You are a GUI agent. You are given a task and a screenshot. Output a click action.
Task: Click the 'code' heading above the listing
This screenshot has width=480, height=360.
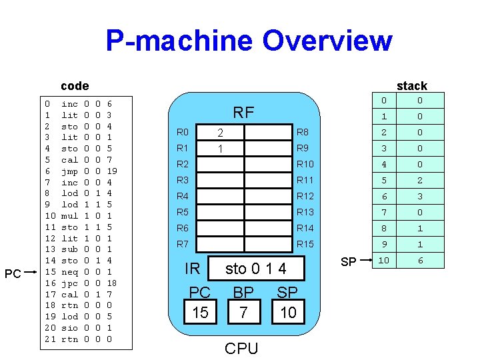(74, 85)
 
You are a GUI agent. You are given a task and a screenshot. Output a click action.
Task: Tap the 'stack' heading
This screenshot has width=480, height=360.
(411, 85)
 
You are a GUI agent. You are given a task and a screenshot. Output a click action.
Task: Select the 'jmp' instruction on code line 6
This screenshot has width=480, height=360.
(69, 171)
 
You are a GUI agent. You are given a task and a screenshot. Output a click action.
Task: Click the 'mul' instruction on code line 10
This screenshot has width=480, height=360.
(69, 216)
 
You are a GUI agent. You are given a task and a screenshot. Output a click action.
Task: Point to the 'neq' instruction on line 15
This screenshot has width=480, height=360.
(69, 272)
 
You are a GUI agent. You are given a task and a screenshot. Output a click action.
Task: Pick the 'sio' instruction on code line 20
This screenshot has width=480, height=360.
(69, 328)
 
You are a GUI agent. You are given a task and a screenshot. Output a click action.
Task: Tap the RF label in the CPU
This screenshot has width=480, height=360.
(243, 113)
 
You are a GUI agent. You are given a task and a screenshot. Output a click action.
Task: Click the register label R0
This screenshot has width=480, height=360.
(183, 132)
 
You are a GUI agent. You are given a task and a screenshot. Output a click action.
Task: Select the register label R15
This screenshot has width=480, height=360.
(305, 244)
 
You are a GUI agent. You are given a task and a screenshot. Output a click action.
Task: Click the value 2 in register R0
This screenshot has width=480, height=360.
(220, 132)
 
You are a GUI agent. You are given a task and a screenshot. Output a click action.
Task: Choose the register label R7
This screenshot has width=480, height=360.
(183, 244)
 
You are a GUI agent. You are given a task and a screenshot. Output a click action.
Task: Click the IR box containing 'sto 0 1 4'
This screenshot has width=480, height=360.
(256, 269)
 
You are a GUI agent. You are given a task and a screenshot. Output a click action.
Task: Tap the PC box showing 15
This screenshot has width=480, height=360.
(200, 312)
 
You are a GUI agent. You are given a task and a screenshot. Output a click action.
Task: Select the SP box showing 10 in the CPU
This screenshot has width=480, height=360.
(288, 312)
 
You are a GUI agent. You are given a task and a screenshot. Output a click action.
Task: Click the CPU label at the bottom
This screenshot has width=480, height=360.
(241, 348)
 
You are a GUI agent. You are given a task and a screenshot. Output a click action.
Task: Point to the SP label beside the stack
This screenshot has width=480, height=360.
(348, 262)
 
